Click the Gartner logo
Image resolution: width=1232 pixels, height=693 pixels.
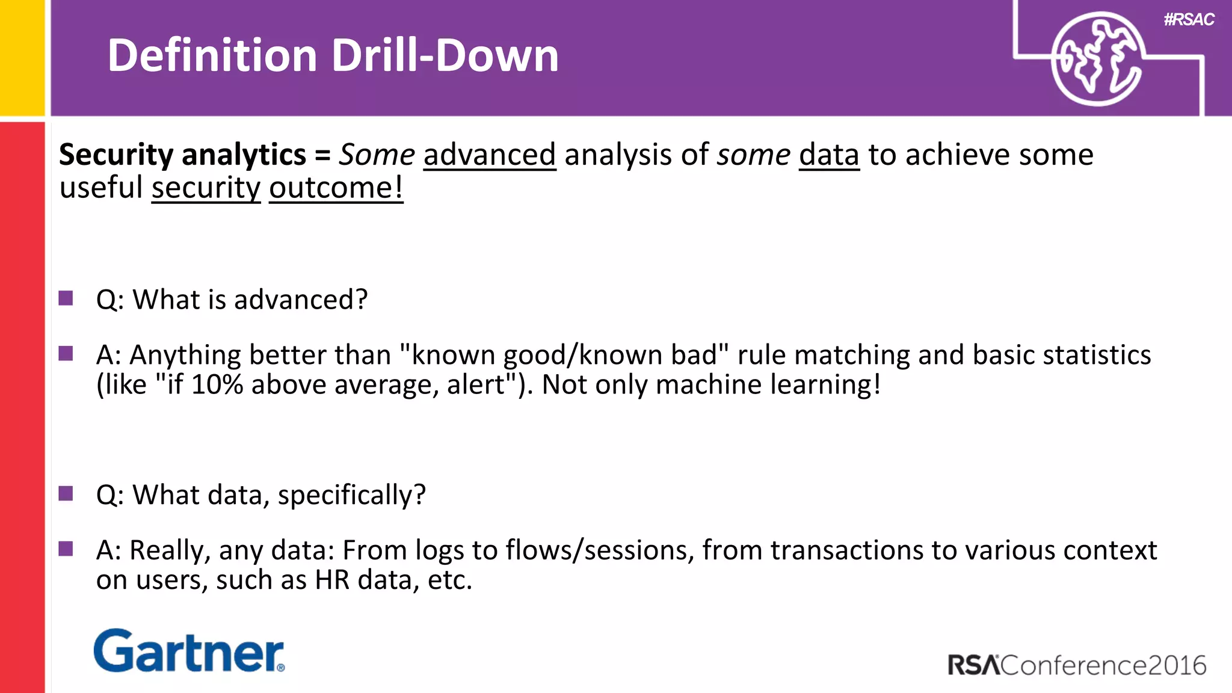[189, 651]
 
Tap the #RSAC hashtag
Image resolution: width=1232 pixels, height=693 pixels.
[1189, 20]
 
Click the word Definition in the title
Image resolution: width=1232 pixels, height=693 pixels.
[212, 55]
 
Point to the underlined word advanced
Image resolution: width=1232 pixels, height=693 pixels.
[490, 155]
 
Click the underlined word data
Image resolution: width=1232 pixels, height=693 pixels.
[829, 155]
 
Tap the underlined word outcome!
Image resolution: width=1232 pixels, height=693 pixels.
[336, 188]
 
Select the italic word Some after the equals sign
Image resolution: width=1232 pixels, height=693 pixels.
[377, 155]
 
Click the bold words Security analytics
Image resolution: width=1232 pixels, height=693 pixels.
[182, 155]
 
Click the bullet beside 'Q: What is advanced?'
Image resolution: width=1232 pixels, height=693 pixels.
[66, 298]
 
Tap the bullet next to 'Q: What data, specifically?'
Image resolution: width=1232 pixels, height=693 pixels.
[66, 494]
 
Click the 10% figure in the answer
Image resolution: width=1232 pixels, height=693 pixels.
[217, 385]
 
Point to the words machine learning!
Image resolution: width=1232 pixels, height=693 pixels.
[768, 385]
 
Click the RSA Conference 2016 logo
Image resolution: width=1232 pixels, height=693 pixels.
[1076, 665]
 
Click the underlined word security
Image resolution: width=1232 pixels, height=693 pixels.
[206, 188]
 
